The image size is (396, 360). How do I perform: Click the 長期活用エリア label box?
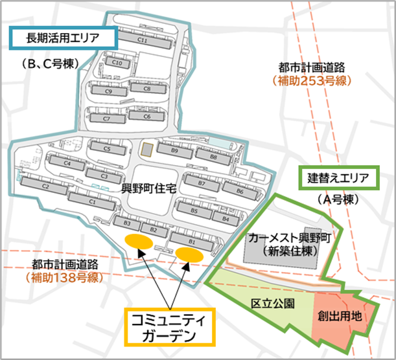63,38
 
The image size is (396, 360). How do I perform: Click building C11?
143,41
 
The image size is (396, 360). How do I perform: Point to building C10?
118,63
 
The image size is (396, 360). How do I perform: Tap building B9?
174,150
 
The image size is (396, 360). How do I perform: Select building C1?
92,202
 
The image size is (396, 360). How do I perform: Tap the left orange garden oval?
139,242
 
